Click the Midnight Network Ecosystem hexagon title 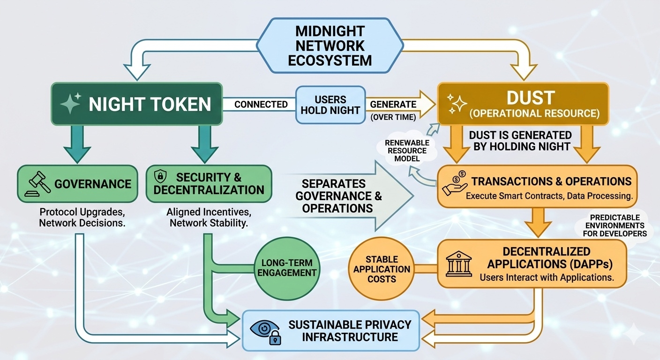point(330,45)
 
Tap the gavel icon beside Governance point(38,183)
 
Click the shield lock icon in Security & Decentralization point(160,177)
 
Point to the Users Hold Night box point(330,105)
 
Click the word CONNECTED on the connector point(261,104)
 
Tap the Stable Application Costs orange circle point(382,269)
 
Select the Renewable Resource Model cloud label point(406,150)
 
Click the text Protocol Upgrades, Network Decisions point(82,217)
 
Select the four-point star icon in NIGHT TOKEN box point(70,104)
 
